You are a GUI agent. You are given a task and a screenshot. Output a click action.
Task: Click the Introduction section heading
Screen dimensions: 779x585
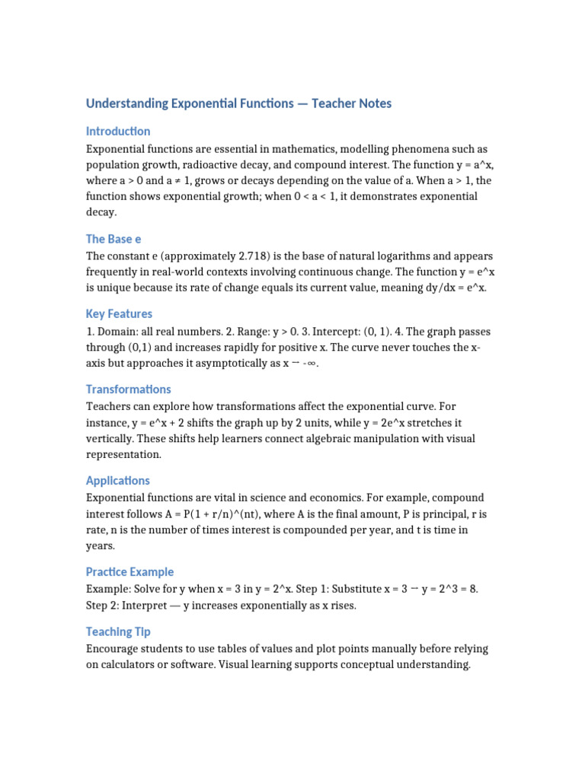click(x=118, y=131)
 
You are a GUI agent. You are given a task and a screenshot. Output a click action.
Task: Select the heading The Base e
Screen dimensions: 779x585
click(x=113, y=239)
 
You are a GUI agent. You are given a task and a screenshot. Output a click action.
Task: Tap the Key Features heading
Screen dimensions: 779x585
click(x=119, y=313)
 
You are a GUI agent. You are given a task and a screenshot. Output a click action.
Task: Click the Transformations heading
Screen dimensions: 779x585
click(x=128, y=389)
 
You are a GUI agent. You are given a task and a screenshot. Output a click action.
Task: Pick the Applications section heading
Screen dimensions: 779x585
click(x=117, y=480)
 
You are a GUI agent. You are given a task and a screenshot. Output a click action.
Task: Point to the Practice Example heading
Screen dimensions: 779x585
click(x=129, y=571)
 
